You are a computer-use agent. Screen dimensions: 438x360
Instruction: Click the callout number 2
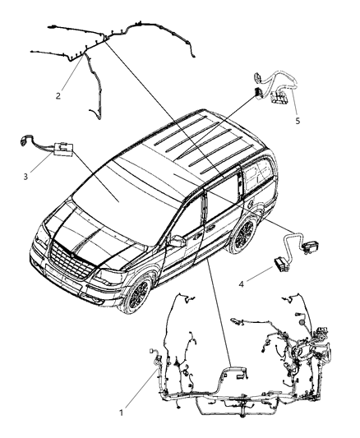click(58, 96)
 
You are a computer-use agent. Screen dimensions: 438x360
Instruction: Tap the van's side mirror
click(174, 241)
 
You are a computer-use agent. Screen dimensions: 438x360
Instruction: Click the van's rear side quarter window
click(262, 173)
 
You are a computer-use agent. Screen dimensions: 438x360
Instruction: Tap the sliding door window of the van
click(225, 197)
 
